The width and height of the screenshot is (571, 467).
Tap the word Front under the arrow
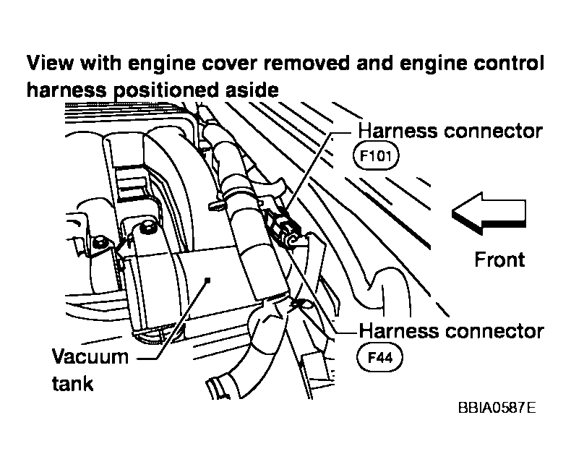coord(499,259)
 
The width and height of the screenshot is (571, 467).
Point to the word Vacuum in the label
coord(90,357)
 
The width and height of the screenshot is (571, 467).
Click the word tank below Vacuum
coord(72,382)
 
